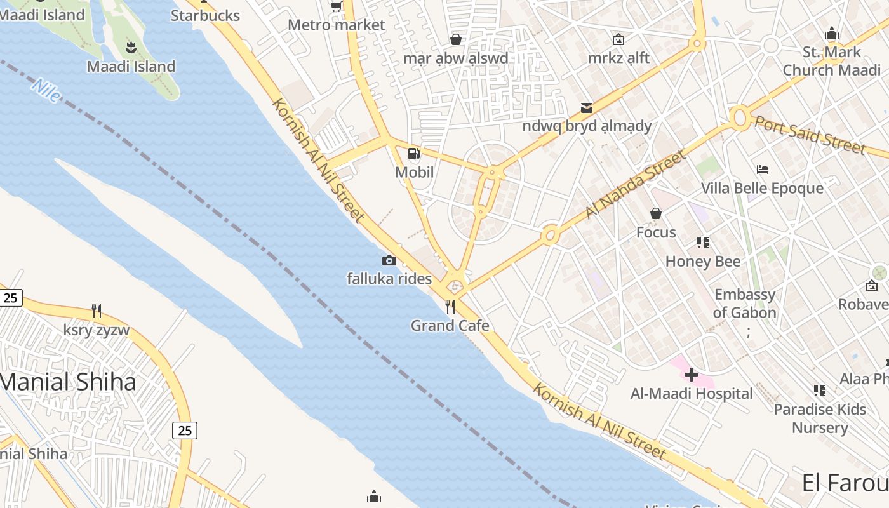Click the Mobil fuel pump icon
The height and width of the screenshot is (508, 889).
pyautogui.click(x=414, y=153)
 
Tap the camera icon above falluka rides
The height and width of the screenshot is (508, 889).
pyautogui.click(x=389, y=260)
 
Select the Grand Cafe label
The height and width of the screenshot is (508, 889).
pyautogui.click(x=450, y=326)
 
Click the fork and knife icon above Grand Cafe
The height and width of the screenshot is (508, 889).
pyautogui.click(x=450, y=307)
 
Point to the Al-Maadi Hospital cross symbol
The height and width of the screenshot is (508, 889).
pyautogui.click(x=692, y=375)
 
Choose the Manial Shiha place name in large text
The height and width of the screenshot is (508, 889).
pyautogui.click(x=67, y=382)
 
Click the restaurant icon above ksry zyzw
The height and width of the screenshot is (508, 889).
pyautogui.click(x=97, y=311)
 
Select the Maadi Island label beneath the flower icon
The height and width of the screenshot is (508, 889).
pyautogui.click(x=131, y=66)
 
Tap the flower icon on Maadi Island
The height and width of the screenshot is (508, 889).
pyautogui.click(x=131, y=46)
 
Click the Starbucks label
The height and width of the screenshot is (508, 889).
pyautogui.click(x=205, y=15)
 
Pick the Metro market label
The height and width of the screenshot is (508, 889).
pyautogui.click(x=337, y=25)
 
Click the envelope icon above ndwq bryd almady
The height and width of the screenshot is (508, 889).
pyautogui.click(x=586, y=108)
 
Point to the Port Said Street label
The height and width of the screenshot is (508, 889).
pyautogui.click(x=810, y=135)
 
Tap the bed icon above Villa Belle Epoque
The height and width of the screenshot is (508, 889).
pyautogui.click(x=763, y=170)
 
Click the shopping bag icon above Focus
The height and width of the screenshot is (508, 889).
pyautogui.click(x=656, y=213)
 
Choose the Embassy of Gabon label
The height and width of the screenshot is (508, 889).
pyautogui.click(x=745, y=304)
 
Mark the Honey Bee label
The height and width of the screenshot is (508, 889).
pyautogui.click(x=703, y=261)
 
